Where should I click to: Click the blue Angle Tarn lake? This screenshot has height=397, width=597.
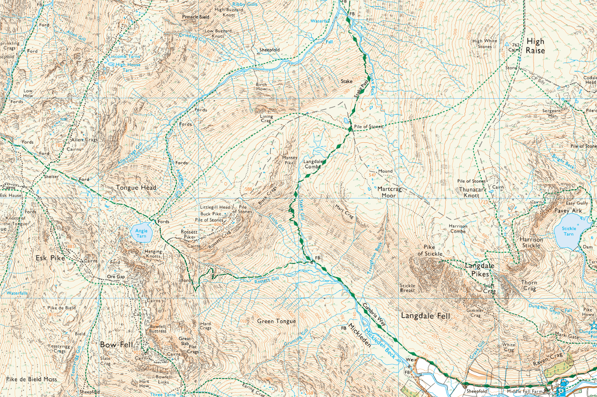click(x=141, y=232)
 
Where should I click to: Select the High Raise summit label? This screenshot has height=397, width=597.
click(x=535, y=46)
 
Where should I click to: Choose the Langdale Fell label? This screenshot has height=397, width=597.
click(x=425, y=316)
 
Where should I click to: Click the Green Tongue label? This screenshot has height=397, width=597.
click(x=276, y=321)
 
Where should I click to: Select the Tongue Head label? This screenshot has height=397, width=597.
click(x=136, y=188)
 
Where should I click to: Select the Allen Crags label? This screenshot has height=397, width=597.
click(x=85, y=140)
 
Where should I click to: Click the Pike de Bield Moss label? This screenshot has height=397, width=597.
click(x=32, y=379)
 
